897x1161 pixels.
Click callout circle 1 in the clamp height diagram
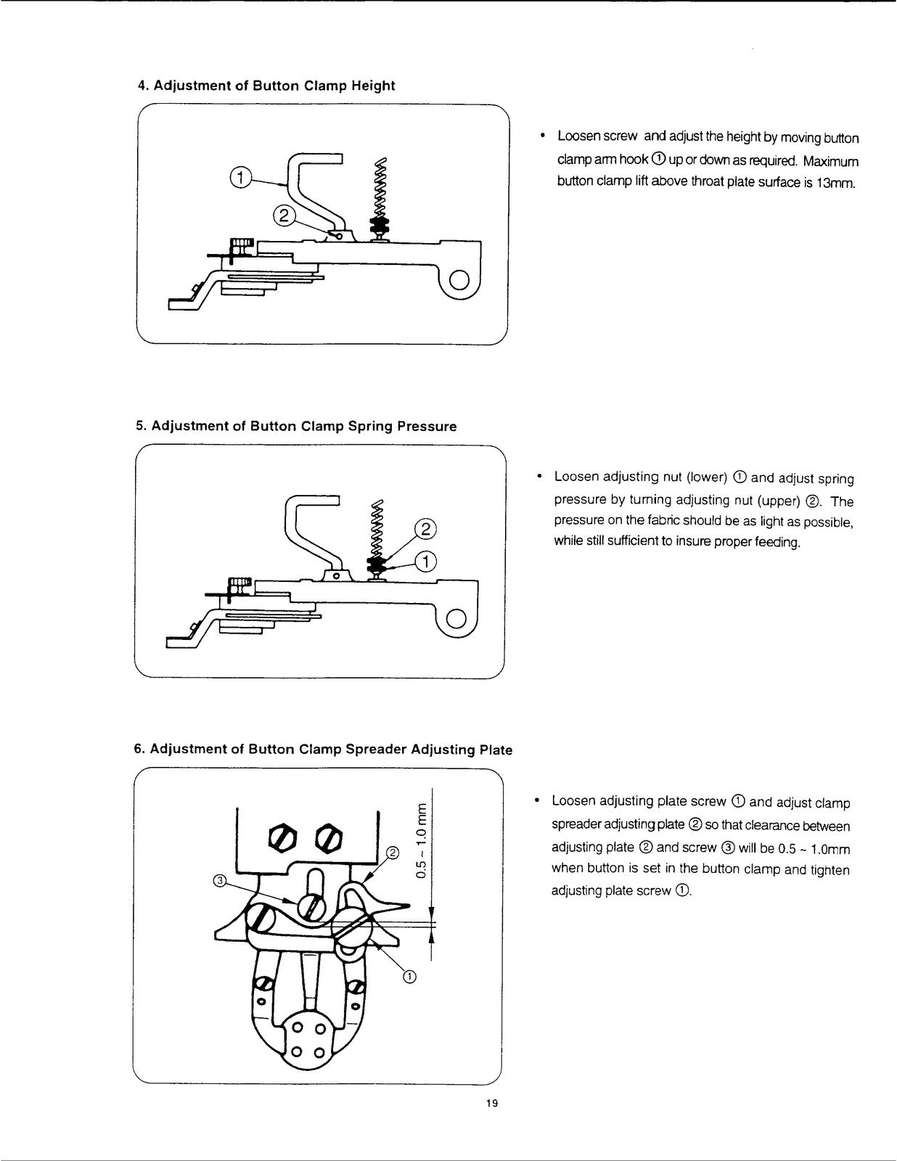coord(240,177)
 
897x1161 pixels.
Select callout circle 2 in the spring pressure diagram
coord(425,529)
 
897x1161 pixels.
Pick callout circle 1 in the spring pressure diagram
coord(426,561)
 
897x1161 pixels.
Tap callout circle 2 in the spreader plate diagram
coord(393,852)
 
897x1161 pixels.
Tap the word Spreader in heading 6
coord(376,749)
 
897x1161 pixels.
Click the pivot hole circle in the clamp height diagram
coord(459,281)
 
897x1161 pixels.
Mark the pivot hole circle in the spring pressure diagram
coord(456,619)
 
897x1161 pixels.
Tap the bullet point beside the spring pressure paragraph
coord(540,475)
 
